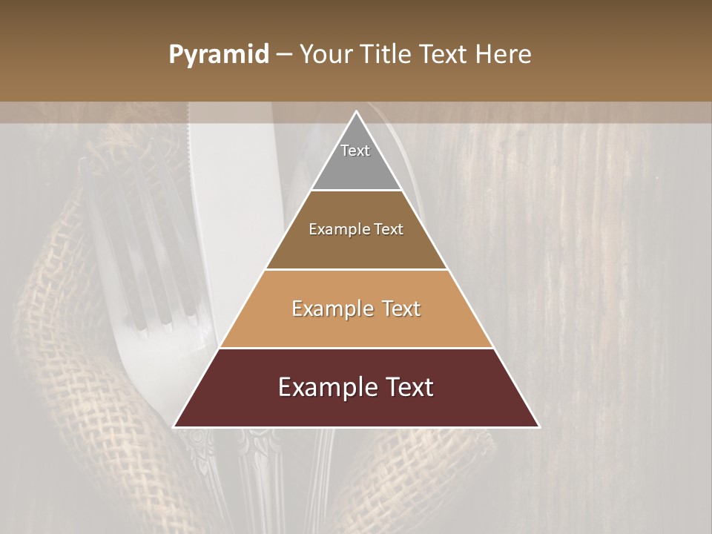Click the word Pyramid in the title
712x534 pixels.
click(218, 55)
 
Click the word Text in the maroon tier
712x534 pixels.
click(407, 387)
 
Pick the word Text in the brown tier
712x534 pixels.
click(388, 229)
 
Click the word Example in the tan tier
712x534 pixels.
click(330, 309)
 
